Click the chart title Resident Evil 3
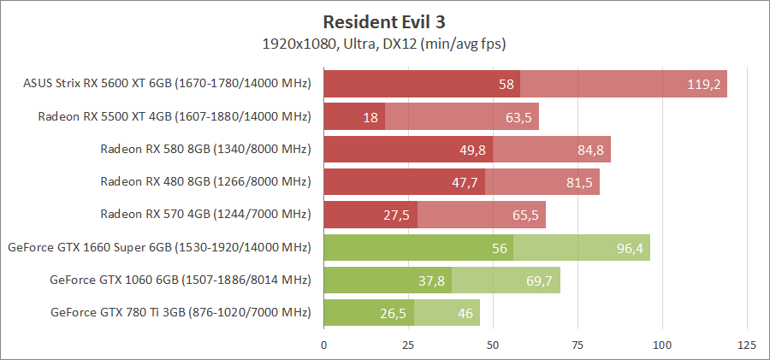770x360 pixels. pyautogui.click(x=385, y=21)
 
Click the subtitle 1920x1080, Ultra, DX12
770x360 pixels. pyautogui.click(x=385, y=42)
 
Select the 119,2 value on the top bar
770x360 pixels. pyautogui.click(x=704, y=85)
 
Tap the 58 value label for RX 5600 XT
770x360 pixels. pyautogui.click(x=506, y=85)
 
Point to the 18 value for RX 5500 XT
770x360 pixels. pyautogui.click(x=370, y=117)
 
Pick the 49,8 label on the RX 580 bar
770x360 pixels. pyautogui.click(x=472, y=150)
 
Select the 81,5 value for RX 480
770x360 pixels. pyautogui.click(x=578, y=182)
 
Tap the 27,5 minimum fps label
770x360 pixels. pyautogui.click(x=396, y=215)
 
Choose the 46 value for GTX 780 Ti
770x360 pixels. pyautogui.click(x=465, y=312)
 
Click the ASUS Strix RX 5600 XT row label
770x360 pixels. pyautogui.click(x=168, y=84)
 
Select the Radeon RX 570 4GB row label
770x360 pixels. pyautogui.click(x=205, y=214)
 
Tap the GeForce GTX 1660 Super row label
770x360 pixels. pyautogui.click(x=159, y=247)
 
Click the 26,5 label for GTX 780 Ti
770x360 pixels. pyautogui.click(x=393, y=312)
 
